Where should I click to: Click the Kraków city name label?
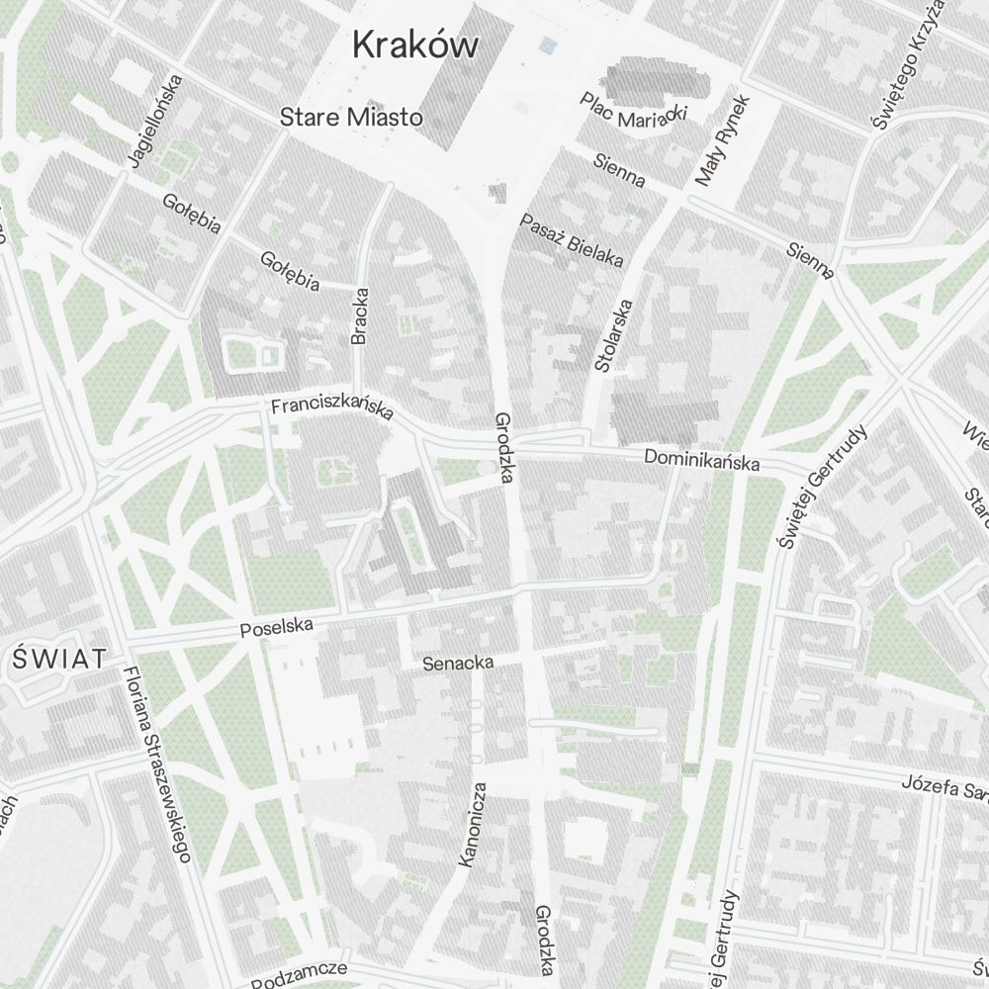pos(415,45)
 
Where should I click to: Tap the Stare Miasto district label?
pos(351,118)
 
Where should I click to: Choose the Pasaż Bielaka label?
pos(572,240)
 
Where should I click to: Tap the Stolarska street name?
pos(613,336)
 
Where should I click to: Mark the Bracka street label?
pos(360,315)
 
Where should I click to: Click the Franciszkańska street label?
pos(332,407)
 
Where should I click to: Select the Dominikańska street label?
pos(701,459)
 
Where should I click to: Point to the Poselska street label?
pos(277,627)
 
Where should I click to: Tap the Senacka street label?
pos(458,663)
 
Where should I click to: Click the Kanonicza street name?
pos(473,825)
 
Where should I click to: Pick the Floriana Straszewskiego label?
pos(156,764)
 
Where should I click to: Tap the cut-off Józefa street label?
pos(944,786)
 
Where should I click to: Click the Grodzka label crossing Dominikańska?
pos(504,447)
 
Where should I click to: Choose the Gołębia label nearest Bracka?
pos(290,271)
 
